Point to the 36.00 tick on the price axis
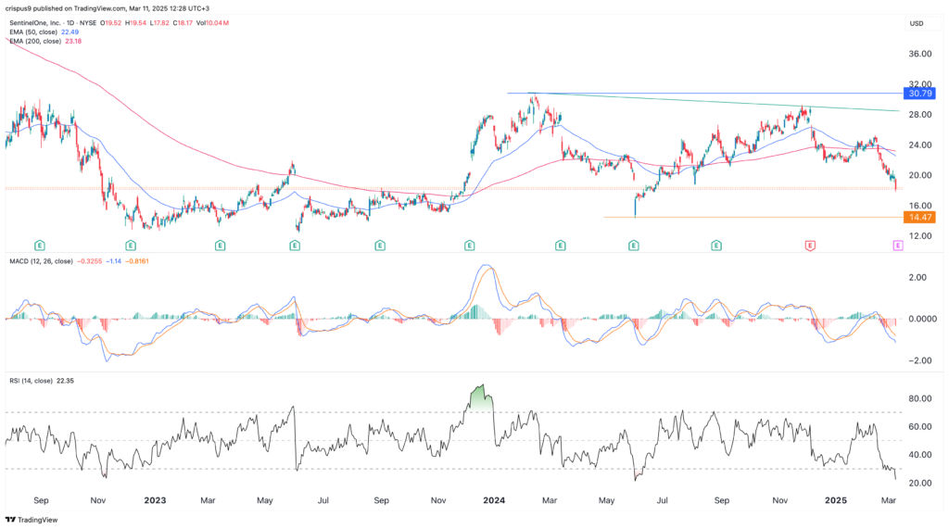920,54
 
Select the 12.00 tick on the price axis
920,236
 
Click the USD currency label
917,23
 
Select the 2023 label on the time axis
155,499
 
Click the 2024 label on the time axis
495,499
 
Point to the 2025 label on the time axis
837,499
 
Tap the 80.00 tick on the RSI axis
920,398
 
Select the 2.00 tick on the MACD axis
920,277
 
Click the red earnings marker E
810,246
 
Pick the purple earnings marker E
897,246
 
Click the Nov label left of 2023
97,499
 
